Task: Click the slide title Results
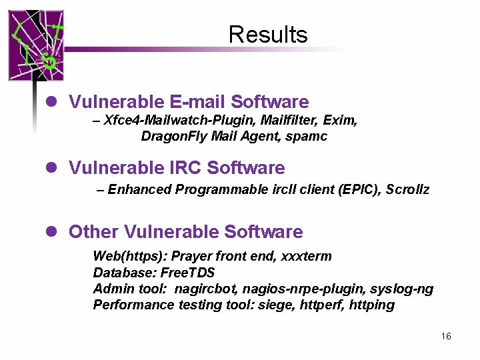(x=267, y=34)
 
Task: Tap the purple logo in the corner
(x=36, y=45)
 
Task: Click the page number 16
(x=446, y=336)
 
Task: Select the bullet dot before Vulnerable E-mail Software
(x=49, y=102)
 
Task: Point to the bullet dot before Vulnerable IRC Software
(x=49, y=167)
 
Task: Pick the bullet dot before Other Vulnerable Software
(x=49, y=232)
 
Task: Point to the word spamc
(x=310, y=137)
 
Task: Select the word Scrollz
(x=407, y=189)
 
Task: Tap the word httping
(x=371, y=305)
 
